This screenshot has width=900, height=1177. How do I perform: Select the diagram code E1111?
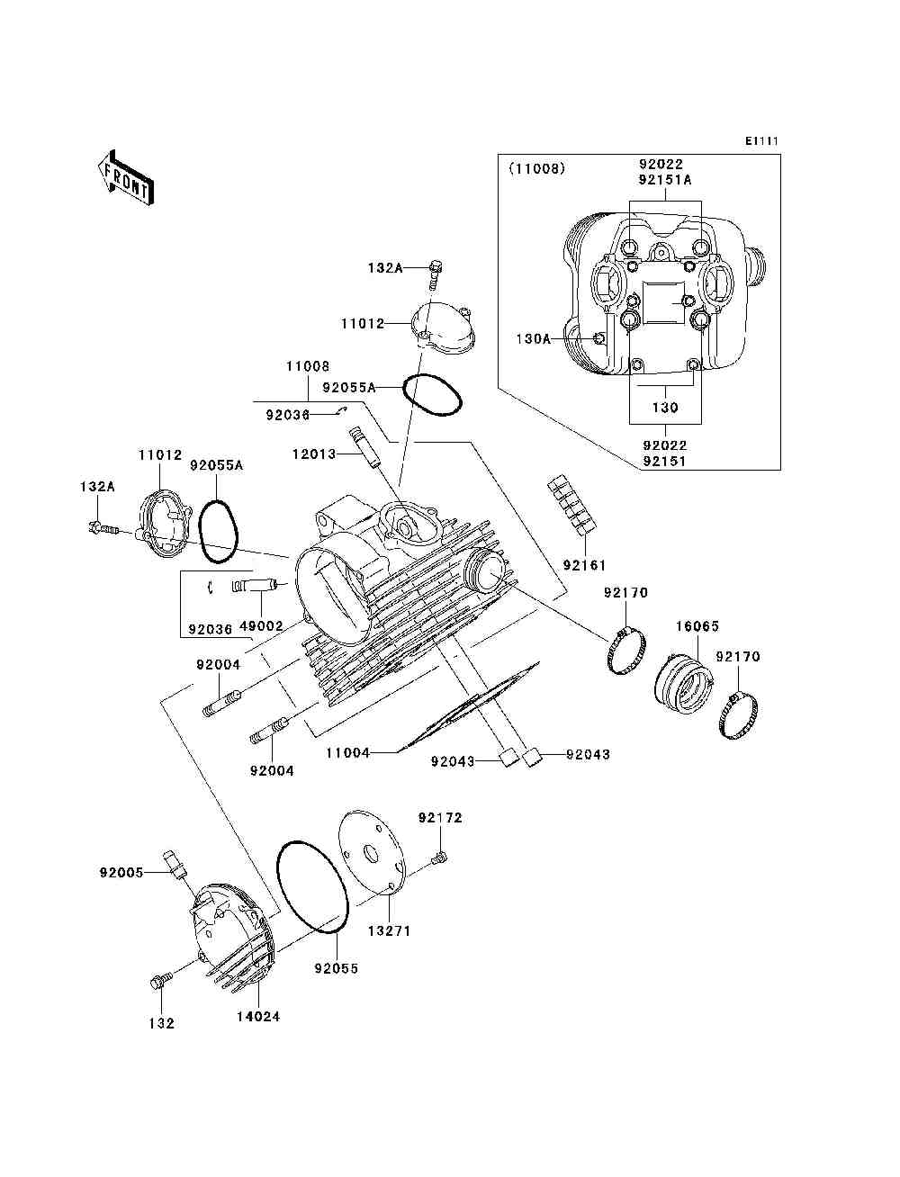click(x=761, y=141)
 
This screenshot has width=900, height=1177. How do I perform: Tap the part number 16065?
click(x=697, y=625)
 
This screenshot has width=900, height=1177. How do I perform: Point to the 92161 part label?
click(x=584, y=565)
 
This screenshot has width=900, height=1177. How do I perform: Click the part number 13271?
click(x=389, y=930)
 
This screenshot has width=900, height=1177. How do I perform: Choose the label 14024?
click(x=258, y=1017)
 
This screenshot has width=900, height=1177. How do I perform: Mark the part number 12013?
click(x=314, y=454)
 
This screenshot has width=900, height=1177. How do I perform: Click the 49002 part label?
click(x=261, y=626)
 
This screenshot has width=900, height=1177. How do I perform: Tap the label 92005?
click(x=121, y=873)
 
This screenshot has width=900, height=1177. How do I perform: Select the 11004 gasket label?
click(x=348, y=753)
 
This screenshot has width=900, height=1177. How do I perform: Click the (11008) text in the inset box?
click(x=537, y=169)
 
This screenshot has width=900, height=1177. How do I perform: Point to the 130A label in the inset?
click(x=533, y=339)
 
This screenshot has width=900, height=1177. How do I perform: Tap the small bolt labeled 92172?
click(x=438, y=859)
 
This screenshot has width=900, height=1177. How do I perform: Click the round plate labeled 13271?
click(x=371, y=858)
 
